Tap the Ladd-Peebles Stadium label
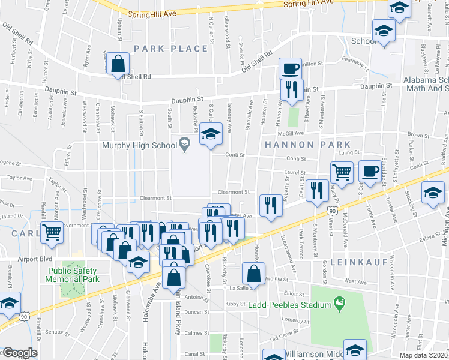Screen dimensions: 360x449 coord(289,305)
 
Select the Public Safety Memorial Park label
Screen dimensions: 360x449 coord(73,274)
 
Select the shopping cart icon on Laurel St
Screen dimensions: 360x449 coord(342,172)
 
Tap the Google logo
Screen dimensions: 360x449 coord(19,353)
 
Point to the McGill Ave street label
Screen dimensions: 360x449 coord(290,133)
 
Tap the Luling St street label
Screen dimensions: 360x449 coord(348,152)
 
